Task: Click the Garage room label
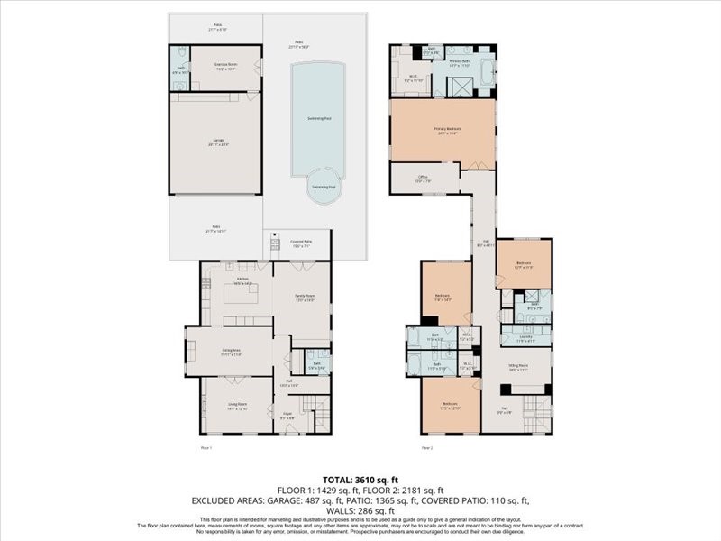click(x=217, y=142)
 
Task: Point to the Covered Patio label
click(x=301, y=243)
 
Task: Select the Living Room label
click(x=237, y=408)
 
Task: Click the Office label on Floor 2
click(x=422, y=179)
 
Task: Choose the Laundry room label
click(x=525, y=340)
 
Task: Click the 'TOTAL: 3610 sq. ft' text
click(x=360, y=479)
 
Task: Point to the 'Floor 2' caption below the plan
click(x=426, y=448)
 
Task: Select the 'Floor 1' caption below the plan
click(x=206, y=448)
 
